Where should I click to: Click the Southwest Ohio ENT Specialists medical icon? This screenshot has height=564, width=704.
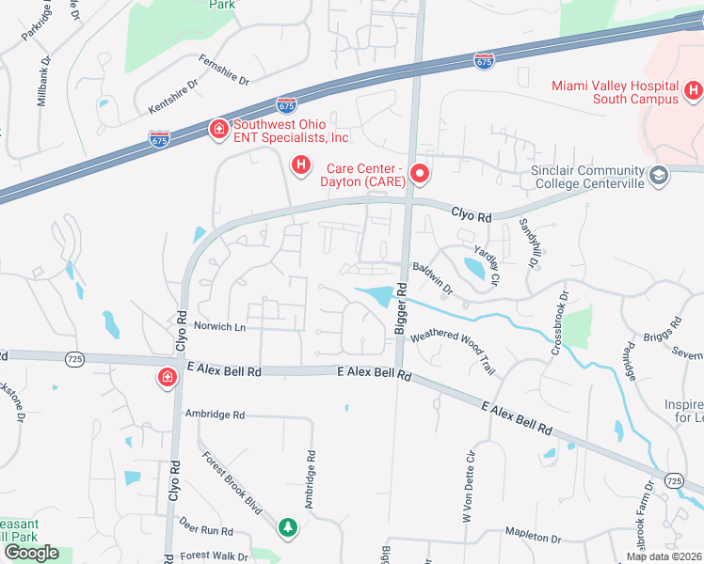(218, 129)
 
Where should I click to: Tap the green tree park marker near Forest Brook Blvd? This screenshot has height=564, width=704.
(288, 527)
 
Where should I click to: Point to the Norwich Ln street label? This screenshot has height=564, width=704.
(219, 327)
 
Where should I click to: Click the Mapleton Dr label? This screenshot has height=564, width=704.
(533, 537)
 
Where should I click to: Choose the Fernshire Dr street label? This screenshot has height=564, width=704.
(223, 70)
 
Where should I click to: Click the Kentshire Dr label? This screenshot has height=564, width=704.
(173, 96)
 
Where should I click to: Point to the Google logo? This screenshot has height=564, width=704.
(30, 552)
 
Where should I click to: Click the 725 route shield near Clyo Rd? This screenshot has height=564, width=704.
(75, 358)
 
